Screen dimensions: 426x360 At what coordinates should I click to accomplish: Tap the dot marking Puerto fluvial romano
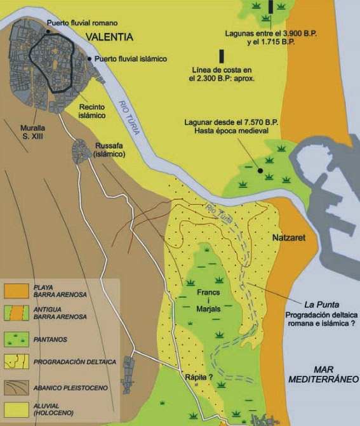[43, 24]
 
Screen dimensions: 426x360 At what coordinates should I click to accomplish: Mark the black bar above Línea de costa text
[222, 56]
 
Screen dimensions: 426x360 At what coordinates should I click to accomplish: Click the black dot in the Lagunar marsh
[260, 171]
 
